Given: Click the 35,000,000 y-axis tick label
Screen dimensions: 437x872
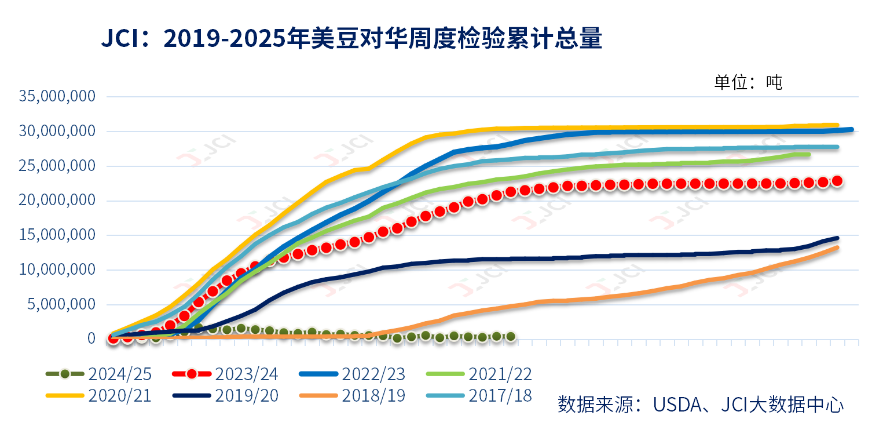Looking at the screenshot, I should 57,96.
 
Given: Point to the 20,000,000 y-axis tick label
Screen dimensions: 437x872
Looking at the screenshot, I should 57,201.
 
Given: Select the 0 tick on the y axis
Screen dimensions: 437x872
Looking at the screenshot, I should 91,338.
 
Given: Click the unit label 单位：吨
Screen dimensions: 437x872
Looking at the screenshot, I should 748,82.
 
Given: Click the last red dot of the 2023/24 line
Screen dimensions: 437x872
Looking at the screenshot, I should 837,181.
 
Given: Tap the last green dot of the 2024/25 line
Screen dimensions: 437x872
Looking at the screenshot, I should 511,336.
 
